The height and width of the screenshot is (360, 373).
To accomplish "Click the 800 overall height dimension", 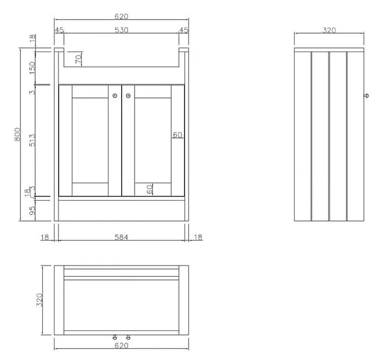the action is click(x=17, y=134).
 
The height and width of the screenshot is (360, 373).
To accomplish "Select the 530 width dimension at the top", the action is click(x=122, y=30).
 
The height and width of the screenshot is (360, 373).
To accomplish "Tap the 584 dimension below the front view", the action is click(x=121, y=237).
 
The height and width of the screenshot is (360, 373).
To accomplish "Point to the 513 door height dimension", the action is click(x=32, y=140).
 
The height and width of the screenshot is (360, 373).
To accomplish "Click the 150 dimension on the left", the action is click(x=32, y=68).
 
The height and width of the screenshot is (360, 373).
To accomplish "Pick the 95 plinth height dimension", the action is click(x=32, y=210).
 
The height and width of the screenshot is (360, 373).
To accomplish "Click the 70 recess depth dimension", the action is click(x=78, y=59).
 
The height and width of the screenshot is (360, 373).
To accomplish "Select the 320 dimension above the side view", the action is click(x=329, y=30).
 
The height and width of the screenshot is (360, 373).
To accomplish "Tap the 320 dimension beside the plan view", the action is click(x=39, y=300).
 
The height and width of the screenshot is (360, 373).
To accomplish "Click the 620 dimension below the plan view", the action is click(x=121, y=346).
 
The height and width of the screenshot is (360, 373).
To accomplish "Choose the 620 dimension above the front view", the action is click(x=121, y=16).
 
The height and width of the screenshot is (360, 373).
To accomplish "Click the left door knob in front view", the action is click(x=115, y=96).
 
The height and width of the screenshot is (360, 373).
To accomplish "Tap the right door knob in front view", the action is click(x=128, y=96).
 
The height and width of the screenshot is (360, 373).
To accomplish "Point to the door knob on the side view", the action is click(x=367, y=96).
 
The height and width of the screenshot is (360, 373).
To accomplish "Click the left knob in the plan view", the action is click(x=115, y=337).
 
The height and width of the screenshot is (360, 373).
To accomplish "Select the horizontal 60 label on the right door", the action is click(x=178, y=135).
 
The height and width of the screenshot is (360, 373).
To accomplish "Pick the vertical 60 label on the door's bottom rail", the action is click(x=150, y=189).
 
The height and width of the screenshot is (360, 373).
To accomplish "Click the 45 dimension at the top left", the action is click(x=59, y=30).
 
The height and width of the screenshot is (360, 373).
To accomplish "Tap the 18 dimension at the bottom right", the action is click(x=198, y=237).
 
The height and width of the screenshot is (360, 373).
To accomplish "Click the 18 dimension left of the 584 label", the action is click(x=45, y=237).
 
